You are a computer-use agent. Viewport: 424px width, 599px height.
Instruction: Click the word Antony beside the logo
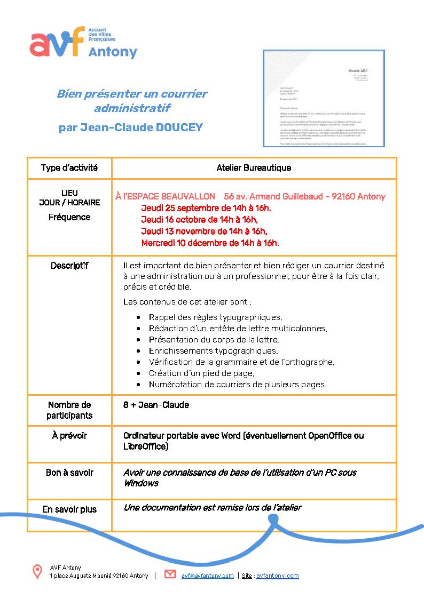(x=113, y=52)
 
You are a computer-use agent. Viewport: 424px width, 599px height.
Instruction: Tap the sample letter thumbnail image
(x=324, y=98)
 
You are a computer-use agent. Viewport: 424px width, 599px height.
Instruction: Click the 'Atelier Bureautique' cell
(x=254, y=167)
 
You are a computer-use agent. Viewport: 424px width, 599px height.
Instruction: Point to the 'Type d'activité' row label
(x=69, y=167)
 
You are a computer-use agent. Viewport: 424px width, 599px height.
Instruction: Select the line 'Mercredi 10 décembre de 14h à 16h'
(x=209, y=243)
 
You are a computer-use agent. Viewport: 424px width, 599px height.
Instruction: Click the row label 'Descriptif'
(x=69, y=266)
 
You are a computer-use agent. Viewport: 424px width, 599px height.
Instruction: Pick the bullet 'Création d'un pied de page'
(x=201, y=373)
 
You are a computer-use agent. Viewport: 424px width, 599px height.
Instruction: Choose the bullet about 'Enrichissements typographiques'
(x=213, y=351)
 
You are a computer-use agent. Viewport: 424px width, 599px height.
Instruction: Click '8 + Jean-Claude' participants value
(x=156, y=405)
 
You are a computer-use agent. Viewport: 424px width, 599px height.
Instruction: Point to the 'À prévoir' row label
(x=69, y=436)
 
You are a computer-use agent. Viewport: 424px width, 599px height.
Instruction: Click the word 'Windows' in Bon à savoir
(x=141, y=483)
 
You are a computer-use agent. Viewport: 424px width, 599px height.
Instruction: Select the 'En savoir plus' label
(x=69, y=509)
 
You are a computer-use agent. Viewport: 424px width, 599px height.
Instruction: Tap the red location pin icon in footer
(x=37, y=572)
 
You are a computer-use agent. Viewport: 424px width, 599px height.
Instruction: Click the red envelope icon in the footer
(x=170, y=574)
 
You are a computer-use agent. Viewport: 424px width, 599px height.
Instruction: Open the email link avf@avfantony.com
(x=207, y=576)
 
